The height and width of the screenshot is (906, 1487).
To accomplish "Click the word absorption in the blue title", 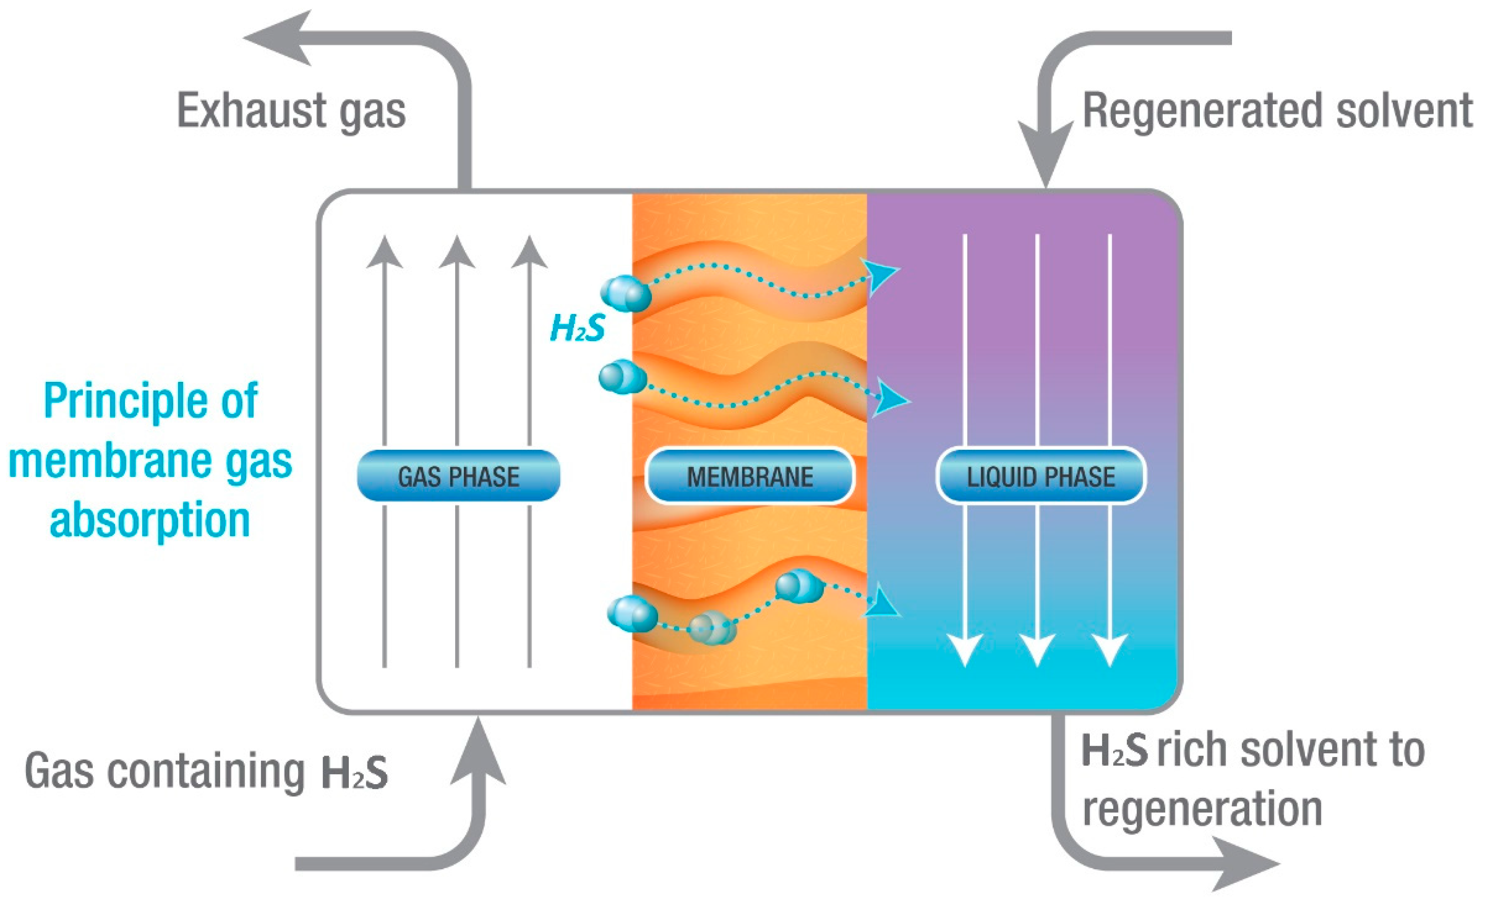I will coord(149,520).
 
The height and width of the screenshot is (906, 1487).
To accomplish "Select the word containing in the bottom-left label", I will coord(205,771).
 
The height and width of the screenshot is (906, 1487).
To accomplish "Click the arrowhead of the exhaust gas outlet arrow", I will coord(278,38).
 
